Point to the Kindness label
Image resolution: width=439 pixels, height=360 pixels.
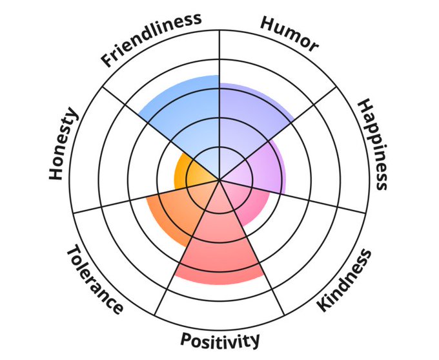coord(345,281)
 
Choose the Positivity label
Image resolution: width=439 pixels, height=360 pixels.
coord(220,340)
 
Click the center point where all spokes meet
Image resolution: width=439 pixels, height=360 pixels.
coord(219,180)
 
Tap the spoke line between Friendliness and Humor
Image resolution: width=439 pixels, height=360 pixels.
coord(219,52)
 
